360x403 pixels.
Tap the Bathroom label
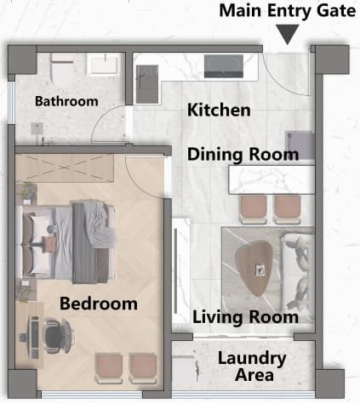click(x=66, y=101)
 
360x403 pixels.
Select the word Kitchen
click(x=219, y=110)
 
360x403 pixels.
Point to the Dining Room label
click(x=243, y=155)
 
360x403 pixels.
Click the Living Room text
click(x=246, y=317)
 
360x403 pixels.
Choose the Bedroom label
click(x=99, y=304)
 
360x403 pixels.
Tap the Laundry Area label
click(x=252, y=366)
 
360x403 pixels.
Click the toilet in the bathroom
click(x=62, y=67)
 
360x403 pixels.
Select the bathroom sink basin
click(x=103, y=65)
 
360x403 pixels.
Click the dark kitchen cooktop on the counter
click(x=224, y=66)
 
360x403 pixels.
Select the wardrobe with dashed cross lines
click(x=65, y=167)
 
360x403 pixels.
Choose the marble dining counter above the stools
click(x=271, y=180)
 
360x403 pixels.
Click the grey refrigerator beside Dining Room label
click(x=300, y=145)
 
